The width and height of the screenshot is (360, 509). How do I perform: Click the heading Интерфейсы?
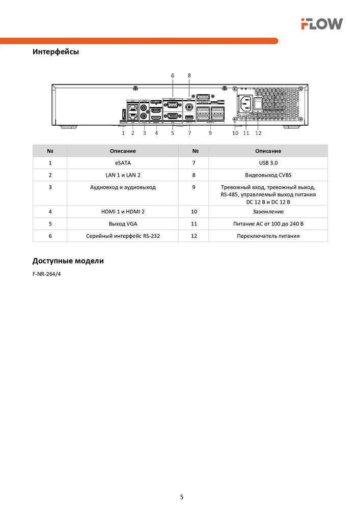point(56,52)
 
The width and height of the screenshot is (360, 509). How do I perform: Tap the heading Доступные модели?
point(68,261)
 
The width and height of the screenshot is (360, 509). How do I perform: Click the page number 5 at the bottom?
point(182,497)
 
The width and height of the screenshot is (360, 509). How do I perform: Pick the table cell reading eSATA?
point(123,163)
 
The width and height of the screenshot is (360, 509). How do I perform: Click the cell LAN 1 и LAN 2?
point(123,175)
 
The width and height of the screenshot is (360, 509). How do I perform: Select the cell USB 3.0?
point(268,163)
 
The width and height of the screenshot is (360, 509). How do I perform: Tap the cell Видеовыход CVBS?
point(268,175)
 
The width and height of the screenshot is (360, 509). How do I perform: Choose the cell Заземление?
point(268,211)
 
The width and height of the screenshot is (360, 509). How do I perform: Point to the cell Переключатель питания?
point(268,236)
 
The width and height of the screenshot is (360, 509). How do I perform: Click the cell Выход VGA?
point(123,223)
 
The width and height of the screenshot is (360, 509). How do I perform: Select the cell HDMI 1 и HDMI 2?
point(123,211)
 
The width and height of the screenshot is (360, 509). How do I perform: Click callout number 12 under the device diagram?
point(258,133)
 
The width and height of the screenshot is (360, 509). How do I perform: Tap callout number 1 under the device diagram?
point(123,133)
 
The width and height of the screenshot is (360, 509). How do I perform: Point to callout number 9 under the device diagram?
point(210,133)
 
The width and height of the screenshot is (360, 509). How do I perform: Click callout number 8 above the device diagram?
point(189,75)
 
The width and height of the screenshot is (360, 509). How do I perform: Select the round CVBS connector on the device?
point(189,107)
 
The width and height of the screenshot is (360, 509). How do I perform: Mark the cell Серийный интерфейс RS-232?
point(123,236)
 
